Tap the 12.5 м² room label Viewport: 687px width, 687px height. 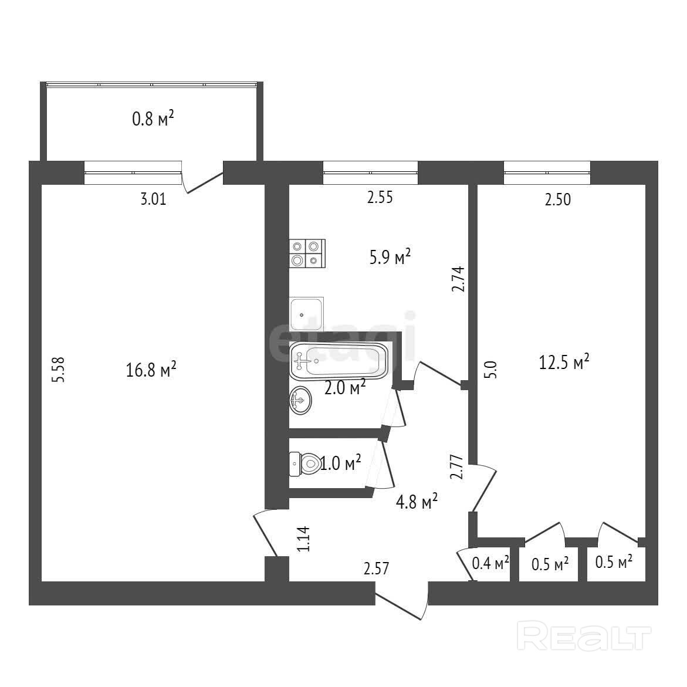pos(564,362)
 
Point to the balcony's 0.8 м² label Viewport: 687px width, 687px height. pos(153,120)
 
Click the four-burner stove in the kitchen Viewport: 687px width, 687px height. pos(307,253)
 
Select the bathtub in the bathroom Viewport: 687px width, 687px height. pos(339,360)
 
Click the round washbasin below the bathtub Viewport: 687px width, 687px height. pos(300,401)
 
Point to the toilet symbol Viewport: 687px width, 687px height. pos(304,463)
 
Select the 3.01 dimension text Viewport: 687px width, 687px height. pos(154,199)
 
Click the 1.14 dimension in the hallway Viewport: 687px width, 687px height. pos(303,539)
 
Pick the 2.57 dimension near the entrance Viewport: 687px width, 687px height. pos(376,568)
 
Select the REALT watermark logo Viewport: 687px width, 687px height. pos(587,638)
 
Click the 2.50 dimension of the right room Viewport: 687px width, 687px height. pos(557,199)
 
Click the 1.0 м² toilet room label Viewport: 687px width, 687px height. pos(341,464)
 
